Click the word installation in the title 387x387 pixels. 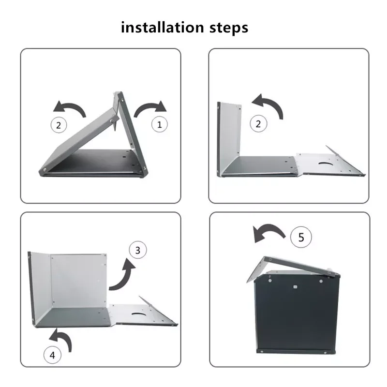coord(162,27)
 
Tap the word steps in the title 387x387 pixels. coord(229,28)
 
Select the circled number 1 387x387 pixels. coord(160,124)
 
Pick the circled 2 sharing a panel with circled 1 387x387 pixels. coord(59,125)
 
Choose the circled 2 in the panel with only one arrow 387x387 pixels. coord(258,124)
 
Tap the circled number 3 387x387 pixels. coord(138,250)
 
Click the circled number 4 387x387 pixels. coord(52,355)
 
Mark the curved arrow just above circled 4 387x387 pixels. coord(62,338)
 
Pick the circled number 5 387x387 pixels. coord(301,237)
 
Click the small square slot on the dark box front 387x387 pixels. coord(295,287)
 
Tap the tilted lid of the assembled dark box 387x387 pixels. coord(294,268)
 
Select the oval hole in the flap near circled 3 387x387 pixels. coord(138,314)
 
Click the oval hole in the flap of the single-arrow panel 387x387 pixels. coord(326,164)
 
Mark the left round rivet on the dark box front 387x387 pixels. coord(270,281)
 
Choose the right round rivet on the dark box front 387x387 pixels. coord(321,281)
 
